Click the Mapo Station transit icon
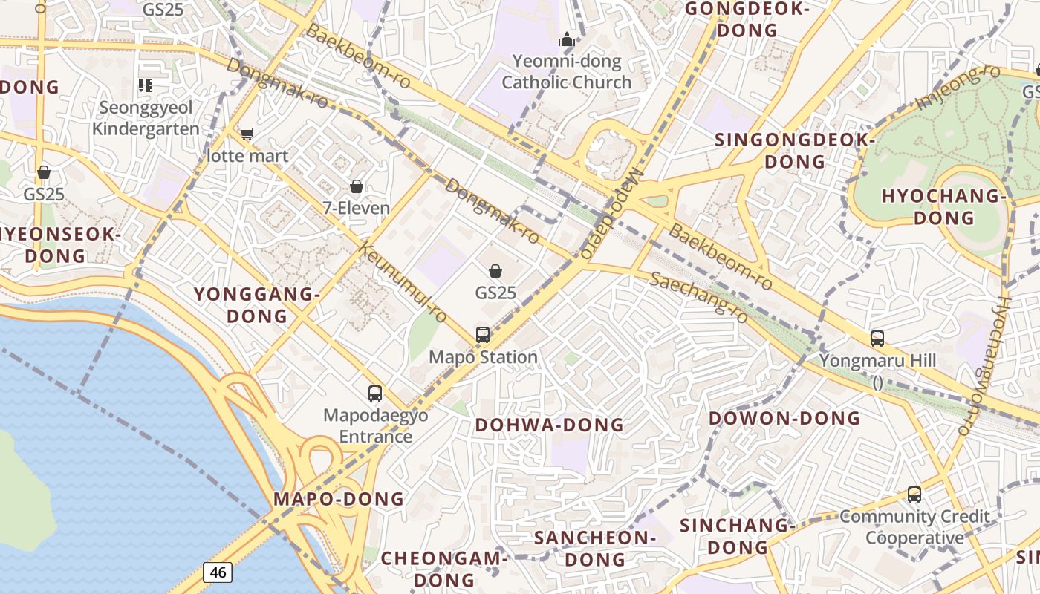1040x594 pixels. pyautogui.click(x=483, y=335)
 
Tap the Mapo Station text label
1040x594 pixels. pyautogui.click(x=483, y=357)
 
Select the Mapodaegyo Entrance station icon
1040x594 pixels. pyautogui.click(x=375, y=394)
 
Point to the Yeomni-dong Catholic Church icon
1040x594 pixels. pyautogui.click(x=567, y=40)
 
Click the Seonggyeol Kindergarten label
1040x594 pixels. pyautogui.click(x=146, y=118)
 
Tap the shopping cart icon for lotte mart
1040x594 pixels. pyautogui.click(x=247, y=134)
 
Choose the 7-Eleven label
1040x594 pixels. pyautogui.click(x=357, y=208)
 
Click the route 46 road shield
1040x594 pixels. pyautogui.click(x=218, y=572)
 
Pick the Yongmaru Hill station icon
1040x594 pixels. pyautogui.click(x=877, y=339)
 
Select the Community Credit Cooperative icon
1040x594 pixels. pyautogui.click(x=914, y=495)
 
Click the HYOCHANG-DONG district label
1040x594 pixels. pyautogui.click(x=943, y=207)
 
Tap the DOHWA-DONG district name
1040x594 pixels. pyautogui.click(x=550, y=425)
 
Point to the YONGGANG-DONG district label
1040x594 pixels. pyautogui.click(x=257, y=305)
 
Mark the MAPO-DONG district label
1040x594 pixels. pyautogui.click(x=339, y=499)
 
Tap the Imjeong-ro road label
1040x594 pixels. pyautogui.click(x=958, y=88)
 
